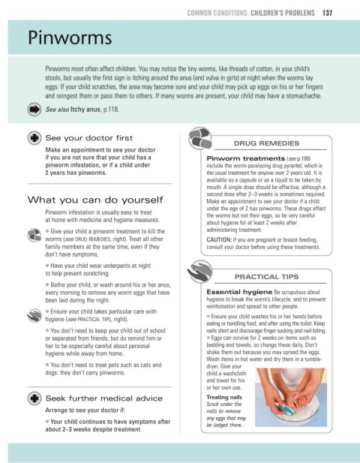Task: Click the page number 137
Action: [327, 13]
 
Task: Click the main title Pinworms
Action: [70, 38]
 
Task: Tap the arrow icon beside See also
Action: [34, 110]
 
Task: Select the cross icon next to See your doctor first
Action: [34, 138]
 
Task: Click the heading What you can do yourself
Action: [95, 200]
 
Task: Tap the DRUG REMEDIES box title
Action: [266, 143]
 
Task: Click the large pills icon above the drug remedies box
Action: [200, 138]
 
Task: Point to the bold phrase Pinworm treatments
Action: [245, 158]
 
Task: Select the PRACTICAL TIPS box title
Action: [266, 277]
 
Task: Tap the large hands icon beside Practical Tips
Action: [199, 271]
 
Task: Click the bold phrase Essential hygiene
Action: [239, 292]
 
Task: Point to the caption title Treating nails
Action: [224, 397]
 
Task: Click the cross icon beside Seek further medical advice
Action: [34, 398]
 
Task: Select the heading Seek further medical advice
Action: [103, 398]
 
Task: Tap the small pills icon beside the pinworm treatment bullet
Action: [34, 235]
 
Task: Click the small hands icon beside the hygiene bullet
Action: [34, 315]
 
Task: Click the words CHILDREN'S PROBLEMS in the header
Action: [283, 13]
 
